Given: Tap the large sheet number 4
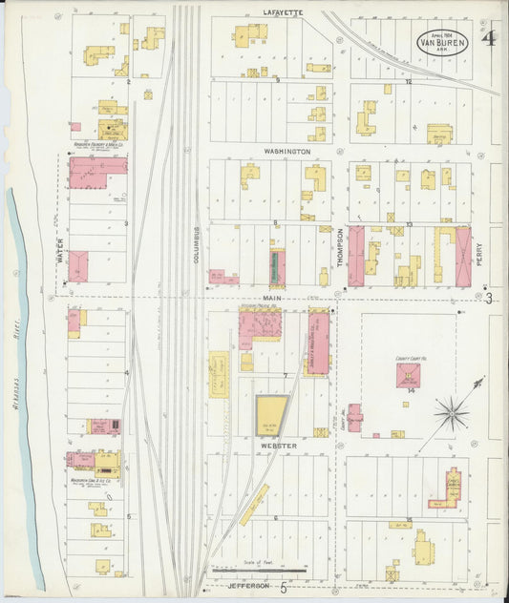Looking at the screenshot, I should point(488,40).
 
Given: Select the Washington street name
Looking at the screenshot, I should point(287,152).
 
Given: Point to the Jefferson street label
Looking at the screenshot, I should point(244,588).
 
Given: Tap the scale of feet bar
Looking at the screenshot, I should point(259,571).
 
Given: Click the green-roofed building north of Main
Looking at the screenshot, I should point(277,267).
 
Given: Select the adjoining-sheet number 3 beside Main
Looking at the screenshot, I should point(488,300).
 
